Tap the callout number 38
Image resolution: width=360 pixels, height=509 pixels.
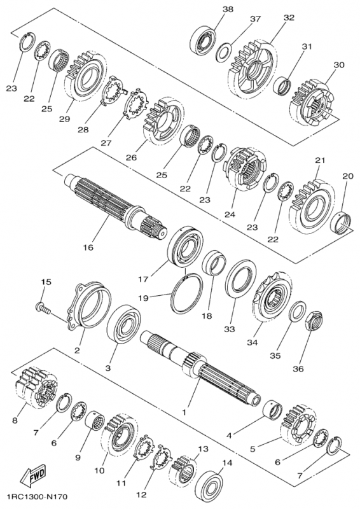click(228, 9)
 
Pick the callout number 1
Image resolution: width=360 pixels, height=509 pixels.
click(184, 412)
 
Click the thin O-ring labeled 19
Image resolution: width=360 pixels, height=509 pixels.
click(185, 291)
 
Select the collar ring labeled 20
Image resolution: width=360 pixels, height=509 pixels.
click(343, 222)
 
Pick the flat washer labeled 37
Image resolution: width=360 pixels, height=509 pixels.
click(224, 50)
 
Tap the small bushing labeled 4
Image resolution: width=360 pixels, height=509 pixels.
click(275, 408)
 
